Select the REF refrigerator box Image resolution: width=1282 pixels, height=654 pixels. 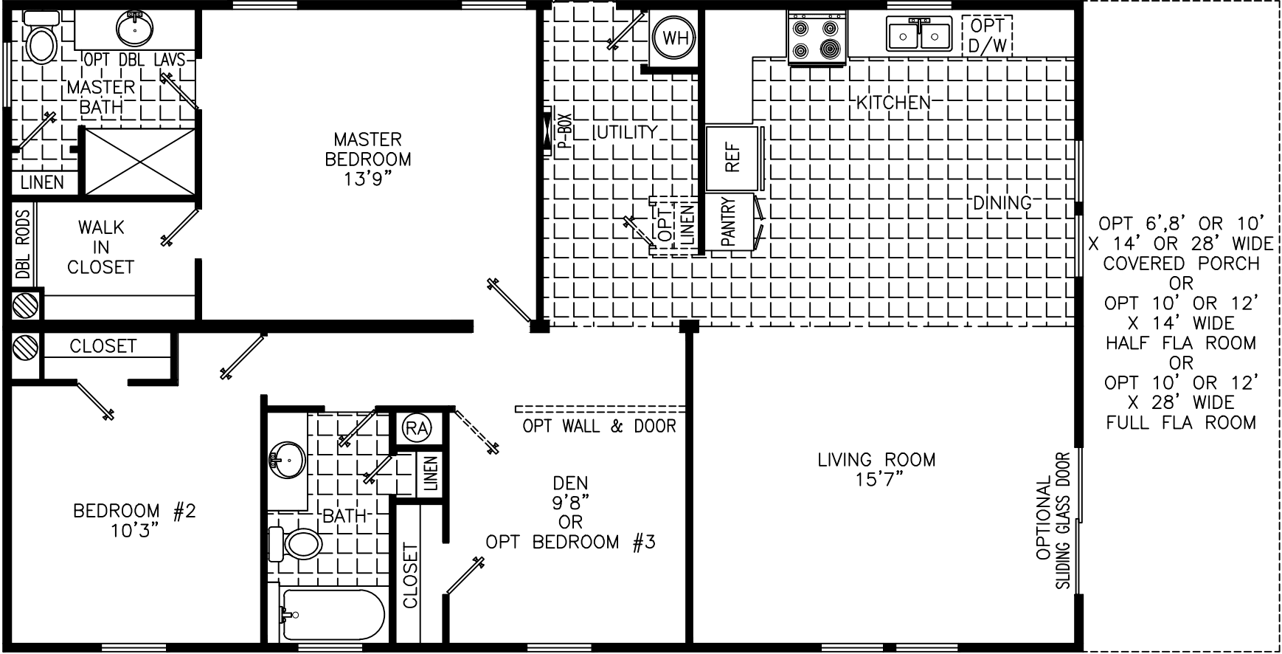pyautogui.click(x=732, y=158)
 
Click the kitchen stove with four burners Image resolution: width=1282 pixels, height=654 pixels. pyautogui.click(x=817, y=38)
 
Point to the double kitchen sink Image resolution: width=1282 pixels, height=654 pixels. pyautogui.click(x=918, y=34)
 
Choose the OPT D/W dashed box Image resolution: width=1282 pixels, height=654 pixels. pyautogui.click(x=987, y=35)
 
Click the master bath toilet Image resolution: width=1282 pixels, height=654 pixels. pyautogui.click(x=41, y=41)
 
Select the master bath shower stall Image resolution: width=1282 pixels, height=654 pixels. pyautogui.click(x=140, y=161)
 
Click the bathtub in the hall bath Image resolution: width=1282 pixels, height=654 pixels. pyautogui.click(x=332, y=616)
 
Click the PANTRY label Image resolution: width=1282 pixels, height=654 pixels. pyautogui.click(x=728, y=221)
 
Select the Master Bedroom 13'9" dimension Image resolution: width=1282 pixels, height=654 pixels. pyautogui.click(x=367, y=179)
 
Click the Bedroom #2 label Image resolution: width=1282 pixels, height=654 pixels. pyautogui.click(x=134, y=511)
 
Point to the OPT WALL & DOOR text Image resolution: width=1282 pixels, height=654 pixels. pyautogui.click(x=599, y=426)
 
